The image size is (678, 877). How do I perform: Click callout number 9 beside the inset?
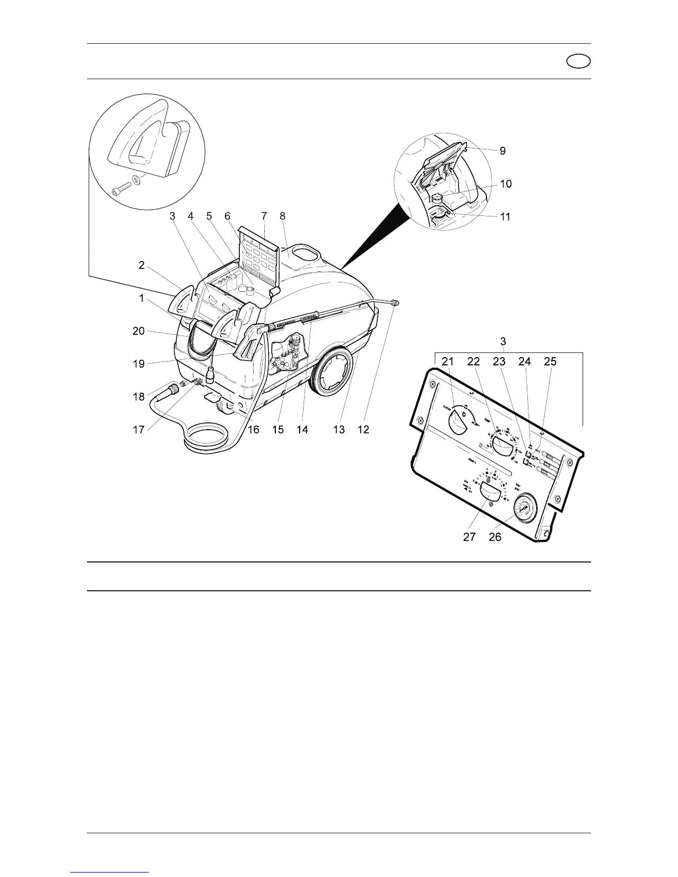click(x=502, y=151)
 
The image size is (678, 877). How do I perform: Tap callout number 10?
click(x=506, y=184)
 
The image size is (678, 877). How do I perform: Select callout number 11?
click(x=505, y=217)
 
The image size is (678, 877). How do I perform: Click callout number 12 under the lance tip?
click(x=363, y=430)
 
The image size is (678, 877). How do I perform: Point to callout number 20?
click(x=138, y=331)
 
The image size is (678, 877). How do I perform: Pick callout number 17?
click(x=138, y=430)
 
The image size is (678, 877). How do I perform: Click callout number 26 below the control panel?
click(x=495, y=537)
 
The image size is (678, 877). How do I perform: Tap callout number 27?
click(x=469, y=537)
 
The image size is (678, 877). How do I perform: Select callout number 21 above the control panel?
click(x=448, y=362)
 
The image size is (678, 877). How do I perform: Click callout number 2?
click(x=142, y=265)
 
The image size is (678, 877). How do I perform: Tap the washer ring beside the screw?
click(x=137, y=180)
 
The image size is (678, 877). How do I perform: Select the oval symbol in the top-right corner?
click(x=578, y=61)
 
